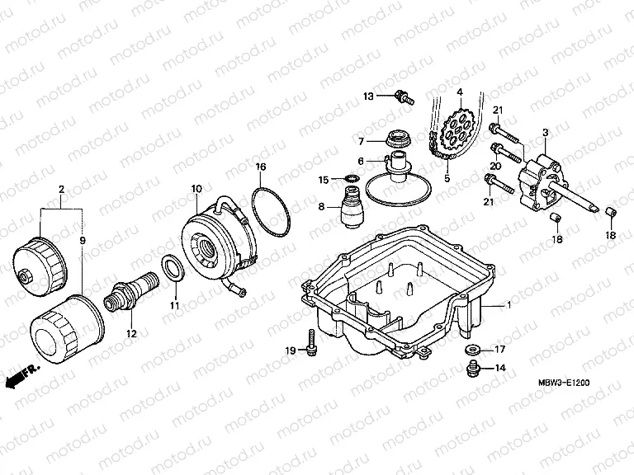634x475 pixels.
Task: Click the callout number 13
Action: pos(368,96)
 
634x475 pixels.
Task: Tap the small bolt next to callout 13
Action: pos(403,96)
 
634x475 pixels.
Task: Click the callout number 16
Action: pos(261,167)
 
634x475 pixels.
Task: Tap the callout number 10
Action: pos(196,189)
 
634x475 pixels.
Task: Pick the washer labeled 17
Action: pos(475,348)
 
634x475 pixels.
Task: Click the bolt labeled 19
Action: pos(310,342)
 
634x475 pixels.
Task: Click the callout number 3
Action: pos(546,133)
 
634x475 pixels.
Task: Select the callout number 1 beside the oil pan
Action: pos(509,305)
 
